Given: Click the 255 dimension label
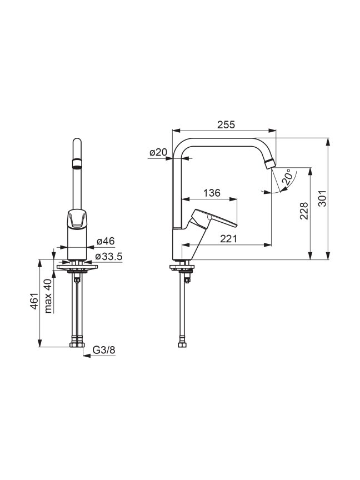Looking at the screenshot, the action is pyautogui.click(x=226, y=124).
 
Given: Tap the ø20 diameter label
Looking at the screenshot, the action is pyautogui.click(x=158, y=152).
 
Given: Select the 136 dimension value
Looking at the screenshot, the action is pyautogui.click(x=212, y=193).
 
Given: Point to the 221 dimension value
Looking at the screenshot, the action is pyautogui.click(x=229, y=238).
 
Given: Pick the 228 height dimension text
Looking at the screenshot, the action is pyautogui.click(x=304, y=211).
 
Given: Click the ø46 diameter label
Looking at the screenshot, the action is pyautogui.click(x=106, y=241).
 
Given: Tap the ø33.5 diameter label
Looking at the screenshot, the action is pyautogui.click(x=109, y=257).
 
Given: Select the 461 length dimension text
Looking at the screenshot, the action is pyautogui.click(x=34, y=301).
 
